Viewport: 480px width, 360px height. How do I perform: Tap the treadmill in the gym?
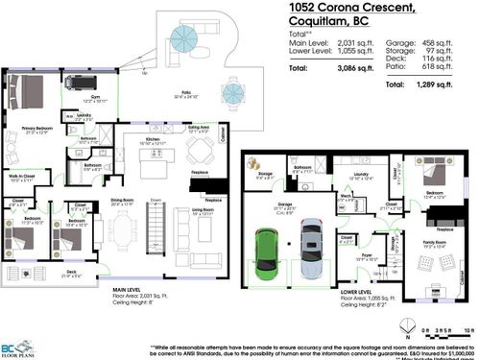coord(77,84)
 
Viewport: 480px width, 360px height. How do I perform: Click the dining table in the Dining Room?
coord(122,231)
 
